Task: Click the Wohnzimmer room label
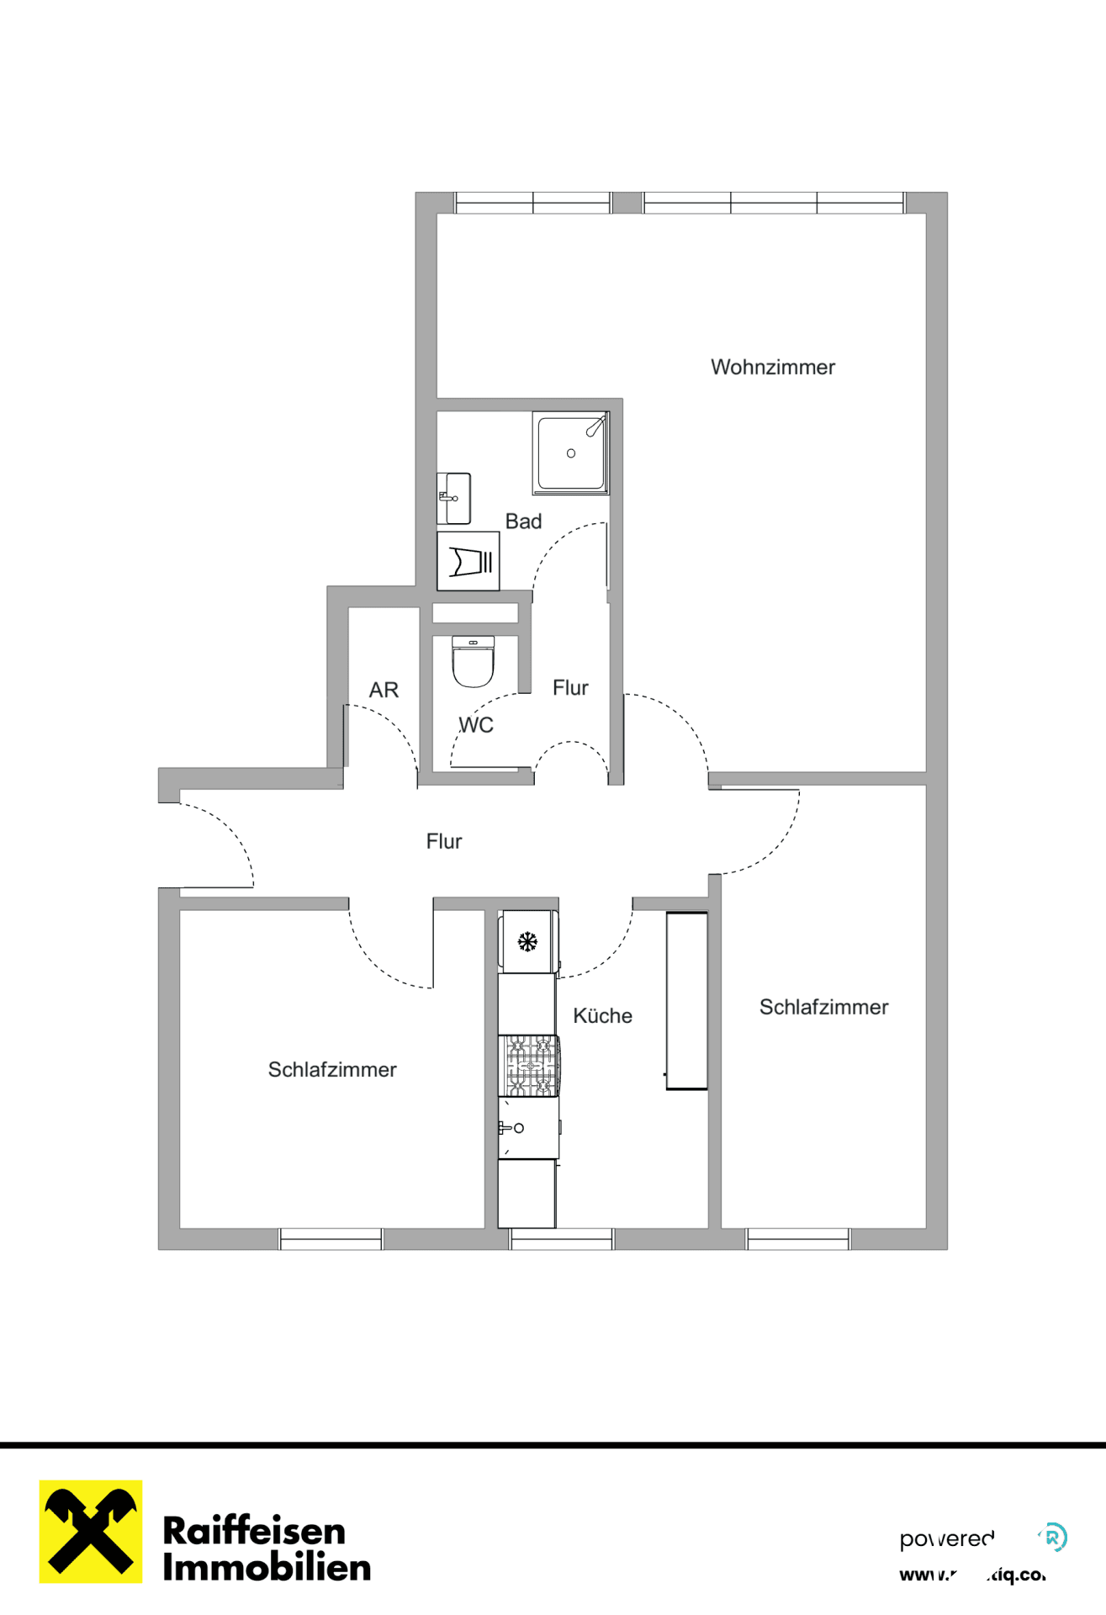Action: (x=772, y=367)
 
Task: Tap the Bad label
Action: (x=523, y=522)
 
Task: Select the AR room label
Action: (x=384, y=690)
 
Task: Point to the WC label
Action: (x=476, y=725)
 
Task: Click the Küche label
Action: (x=602, y=1015)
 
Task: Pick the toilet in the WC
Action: (x=473, y=663)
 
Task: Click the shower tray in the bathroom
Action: (x=570, y=453)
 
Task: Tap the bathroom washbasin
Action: (x=454, y=498)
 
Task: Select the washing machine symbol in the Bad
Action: (x=468, y=561)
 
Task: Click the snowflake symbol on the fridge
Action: (x=527, y=941)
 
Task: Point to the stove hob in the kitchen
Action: (x=529, y=1066)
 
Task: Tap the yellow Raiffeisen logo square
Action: (x=91, y=1531)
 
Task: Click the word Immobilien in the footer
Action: (x=267, y=1568)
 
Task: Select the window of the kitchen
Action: (x=561, y=1238)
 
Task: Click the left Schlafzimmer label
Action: (x=332, y=1069)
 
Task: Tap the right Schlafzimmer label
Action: (x=823, y=1007)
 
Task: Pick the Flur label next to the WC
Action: (x=570, y=688)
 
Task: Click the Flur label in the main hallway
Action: (x=444, y=841)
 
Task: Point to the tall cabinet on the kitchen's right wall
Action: (x=686, y=1001)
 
